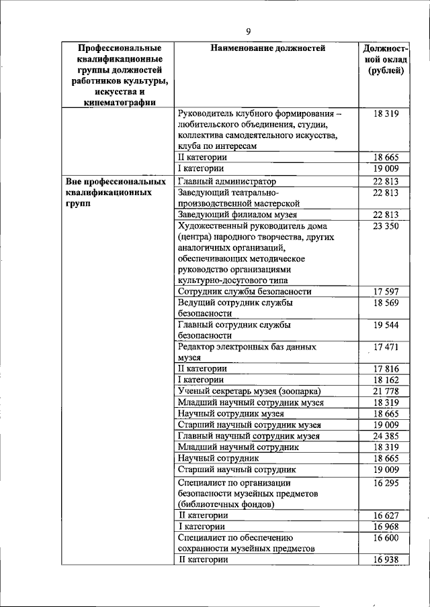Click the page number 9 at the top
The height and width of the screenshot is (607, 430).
coord(248,32)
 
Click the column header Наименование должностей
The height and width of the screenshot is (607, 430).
coord(267,48)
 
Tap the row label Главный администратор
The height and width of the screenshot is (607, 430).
coord(227,181)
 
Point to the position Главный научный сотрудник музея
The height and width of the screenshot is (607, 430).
coord(249,436)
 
